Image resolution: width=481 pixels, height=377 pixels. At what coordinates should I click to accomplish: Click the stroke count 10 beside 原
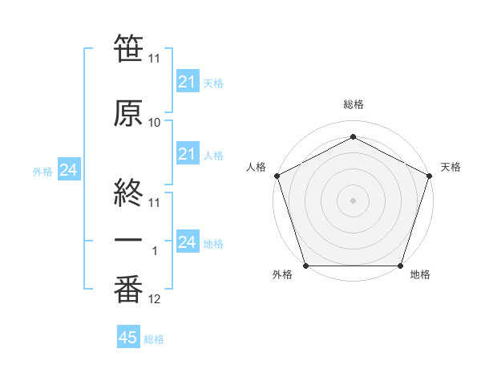[155, 123]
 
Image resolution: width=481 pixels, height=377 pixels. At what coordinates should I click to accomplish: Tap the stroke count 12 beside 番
[155, 300]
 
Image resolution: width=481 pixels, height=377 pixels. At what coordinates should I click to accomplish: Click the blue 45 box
[128, 338]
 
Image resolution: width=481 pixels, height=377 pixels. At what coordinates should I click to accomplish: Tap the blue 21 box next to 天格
[187, 82]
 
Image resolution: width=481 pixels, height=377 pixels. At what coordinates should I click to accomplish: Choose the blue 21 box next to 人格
[187, 154]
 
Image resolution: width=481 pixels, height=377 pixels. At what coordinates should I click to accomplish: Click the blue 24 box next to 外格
[68, 170]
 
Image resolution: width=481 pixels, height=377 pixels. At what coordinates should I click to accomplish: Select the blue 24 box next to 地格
[187, 242]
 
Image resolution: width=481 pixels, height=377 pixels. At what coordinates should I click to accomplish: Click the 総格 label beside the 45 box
[154, 339]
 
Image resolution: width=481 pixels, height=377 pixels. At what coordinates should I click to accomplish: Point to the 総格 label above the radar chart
[353, 104]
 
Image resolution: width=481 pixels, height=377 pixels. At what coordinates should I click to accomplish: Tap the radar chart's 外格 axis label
[282, 275]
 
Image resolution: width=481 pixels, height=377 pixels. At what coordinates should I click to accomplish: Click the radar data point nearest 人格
[277, 175]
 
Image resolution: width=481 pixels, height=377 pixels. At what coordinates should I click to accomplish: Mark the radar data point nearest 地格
[400, 266]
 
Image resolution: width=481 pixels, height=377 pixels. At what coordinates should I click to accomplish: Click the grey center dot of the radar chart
[353, 200]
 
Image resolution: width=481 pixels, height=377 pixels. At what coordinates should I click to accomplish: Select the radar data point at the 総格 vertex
[353, 136]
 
